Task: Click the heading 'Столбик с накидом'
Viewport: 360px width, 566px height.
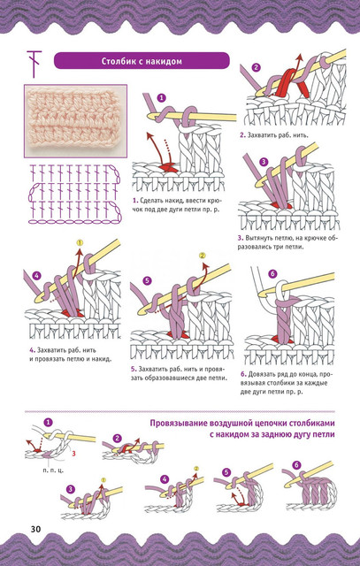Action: [x=142, y=61]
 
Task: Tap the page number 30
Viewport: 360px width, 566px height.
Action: [x=35, y=529]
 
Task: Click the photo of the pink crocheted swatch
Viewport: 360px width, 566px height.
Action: [x=75, y=121]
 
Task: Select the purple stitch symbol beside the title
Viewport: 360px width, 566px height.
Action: [x=34, y=64]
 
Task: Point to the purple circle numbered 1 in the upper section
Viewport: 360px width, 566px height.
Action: [x=161, y=97]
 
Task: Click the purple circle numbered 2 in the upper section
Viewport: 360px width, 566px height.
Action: [x=256, y=67]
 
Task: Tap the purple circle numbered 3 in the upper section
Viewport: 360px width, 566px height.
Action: [x=264, y=162]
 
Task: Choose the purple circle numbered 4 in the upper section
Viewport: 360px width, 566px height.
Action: [x=37, y=276]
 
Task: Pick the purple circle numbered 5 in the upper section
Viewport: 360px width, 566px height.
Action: [x=146, y=280]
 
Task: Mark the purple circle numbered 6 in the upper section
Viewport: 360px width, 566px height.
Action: [x=272, y=273]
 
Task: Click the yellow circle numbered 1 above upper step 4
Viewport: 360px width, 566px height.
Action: [x=80, y=242]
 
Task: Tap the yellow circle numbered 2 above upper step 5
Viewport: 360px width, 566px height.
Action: [x=203, y=256]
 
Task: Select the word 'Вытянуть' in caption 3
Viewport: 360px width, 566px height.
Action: [x=260, y=238]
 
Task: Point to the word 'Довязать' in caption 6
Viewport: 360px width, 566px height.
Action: [x=262, y=374]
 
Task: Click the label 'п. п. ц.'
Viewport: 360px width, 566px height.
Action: [x=53, y=470]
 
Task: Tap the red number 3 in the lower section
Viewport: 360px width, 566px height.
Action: [x=73, y=454]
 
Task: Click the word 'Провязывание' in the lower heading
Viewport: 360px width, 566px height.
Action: [x=174, y=423]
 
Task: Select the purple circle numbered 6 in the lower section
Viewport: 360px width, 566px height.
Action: [x=296, y=466]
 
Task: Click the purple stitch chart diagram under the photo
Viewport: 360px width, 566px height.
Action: [x=75, y=193]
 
